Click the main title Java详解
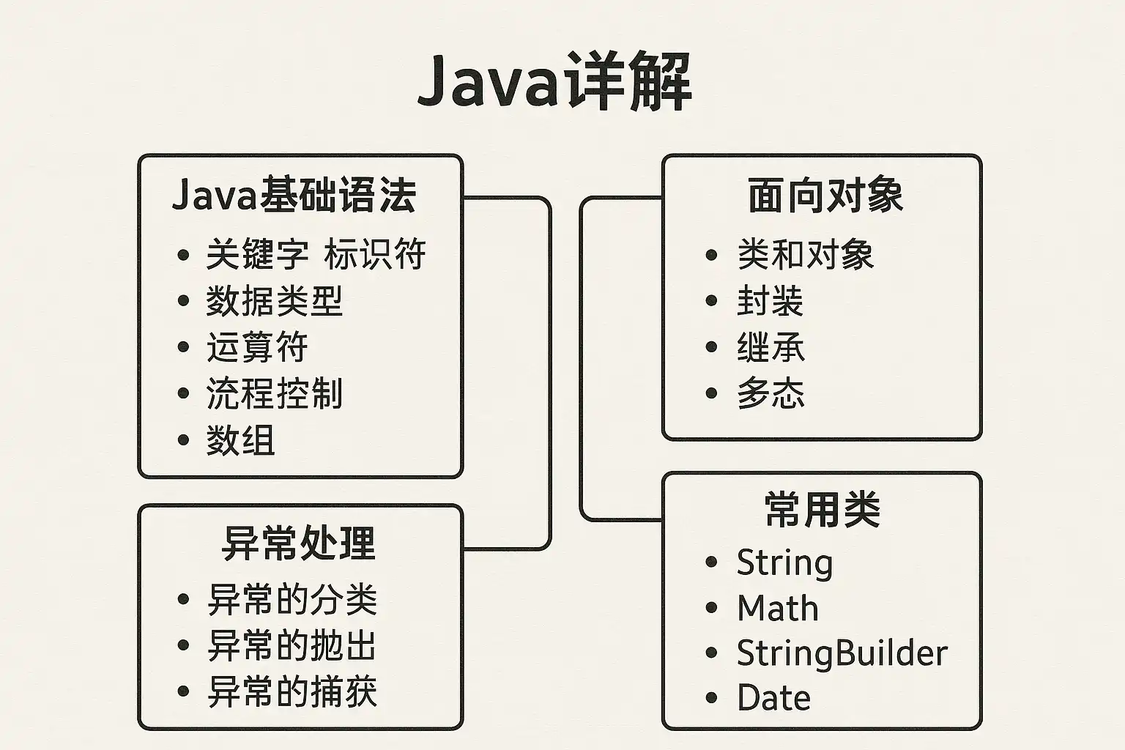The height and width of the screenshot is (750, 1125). pyautogui.click(x=554, y=81)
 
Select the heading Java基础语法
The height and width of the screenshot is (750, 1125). pyautogui.click(x=294, y=196)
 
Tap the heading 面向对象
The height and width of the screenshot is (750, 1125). pyautogui.click(x=825, y=196)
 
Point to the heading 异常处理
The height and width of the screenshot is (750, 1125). pyautogui.click(x=298, y=543)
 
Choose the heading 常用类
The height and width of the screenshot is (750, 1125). pyautogui.click(x=822, y=509)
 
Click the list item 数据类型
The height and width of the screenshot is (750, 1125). pyautogui.click(x=274, y=301)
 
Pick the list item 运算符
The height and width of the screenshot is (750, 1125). pyautogui.click(x=256, y=347)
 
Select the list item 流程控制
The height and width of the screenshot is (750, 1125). pyautogui.click(x=274, y=393)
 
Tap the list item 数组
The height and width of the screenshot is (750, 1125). pyautogui.click(x=240, y=441)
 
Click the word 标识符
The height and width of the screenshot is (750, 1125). pyautogui.click(x=374, y=255)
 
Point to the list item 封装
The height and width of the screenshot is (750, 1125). pyautogui.click(x=770, y=301)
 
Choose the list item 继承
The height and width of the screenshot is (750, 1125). pyautogui.click(x=771, y=347)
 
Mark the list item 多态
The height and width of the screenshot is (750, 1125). pyautogui.click(x=771, y=393)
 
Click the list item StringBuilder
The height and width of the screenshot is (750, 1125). pyautogui.click(x=842, y=653)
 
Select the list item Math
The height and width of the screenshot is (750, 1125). pyautogui.click(x=777, y=608)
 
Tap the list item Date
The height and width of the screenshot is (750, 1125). pyautogui.click(x=773, y=698)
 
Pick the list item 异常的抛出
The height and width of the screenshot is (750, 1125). pyautogui.click(x=292, y=645)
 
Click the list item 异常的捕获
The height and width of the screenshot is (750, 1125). pyautogui.click(x=292, y=691)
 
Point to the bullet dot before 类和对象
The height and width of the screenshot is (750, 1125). pyautogui.click(x=711, y=255)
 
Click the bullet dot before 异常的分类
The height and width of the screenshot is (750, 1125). pyautogui.click(x=183, y=600)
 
